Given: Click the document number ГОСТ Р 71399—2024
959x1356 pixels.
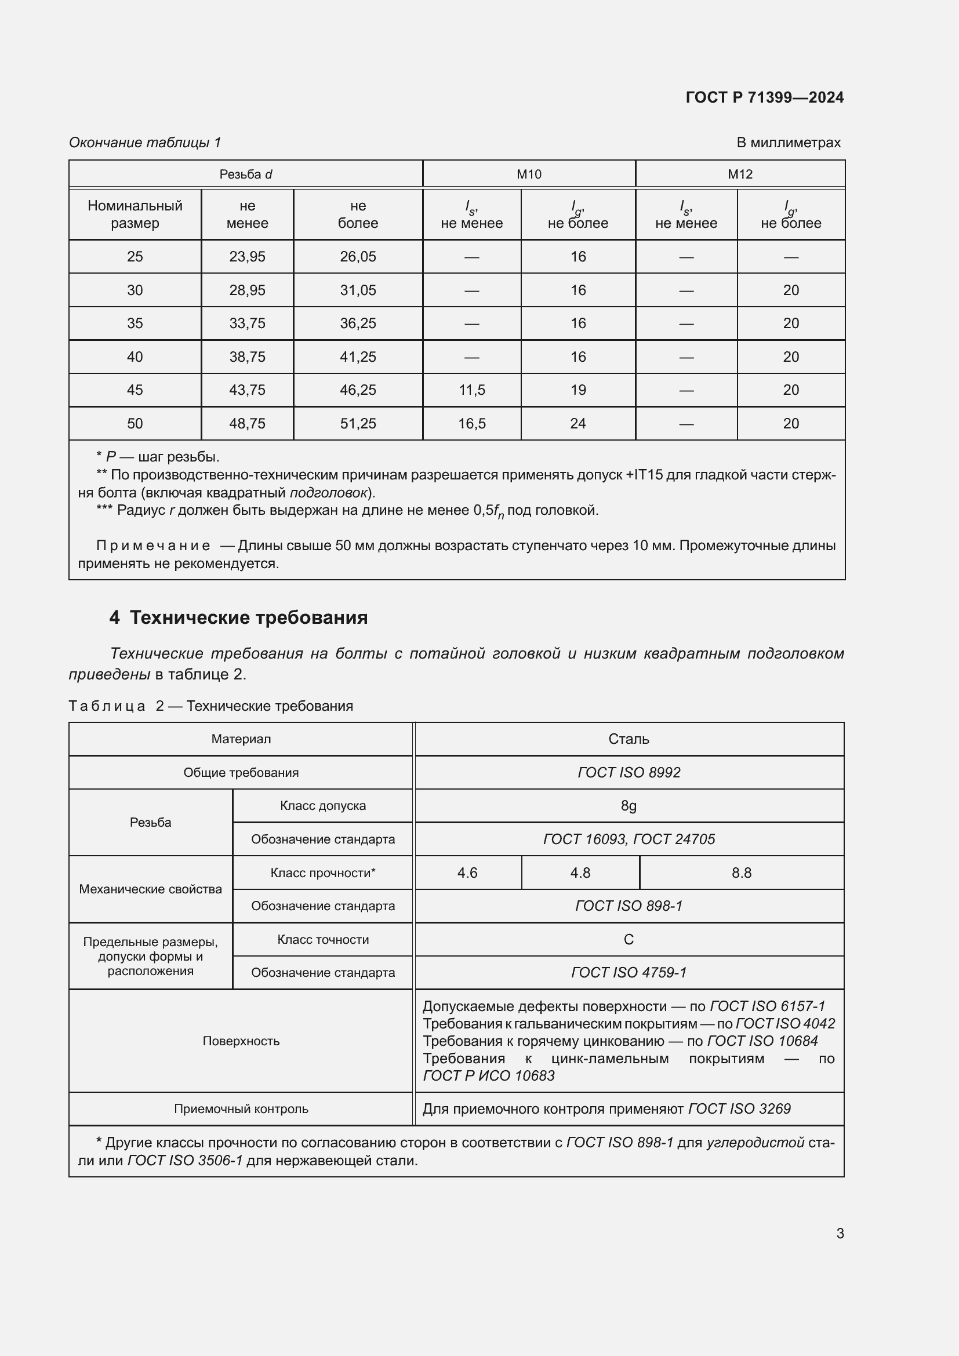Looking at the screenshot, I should tap(764, 97).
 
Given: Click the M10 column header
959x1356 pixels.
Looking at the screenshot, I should tap(529, 175).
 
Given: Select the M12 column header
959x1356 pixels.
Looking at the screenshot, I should tap(739, 175).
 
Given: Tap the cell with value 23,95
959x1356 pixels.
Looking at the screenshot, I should tap(247, 256).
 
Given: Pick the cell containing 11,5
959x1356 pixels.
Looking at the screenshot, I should tap(471, 390).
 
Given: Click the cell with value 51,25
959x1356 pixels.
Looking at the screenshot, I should tap(357, 423).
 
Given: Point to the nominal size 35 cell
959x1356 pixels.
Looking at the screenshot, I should tap(135, 323).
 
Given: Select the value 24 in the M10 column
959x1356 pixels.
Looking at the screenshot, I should tap(577, 423).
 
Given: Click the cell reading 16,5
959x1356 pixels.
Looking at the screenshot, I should tap(471, 423).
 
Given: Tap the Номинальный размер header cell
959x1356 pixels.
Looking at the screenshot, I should tap(135, 215).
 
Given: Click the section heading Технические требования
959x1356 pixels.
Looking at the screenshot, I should tap(248, 617).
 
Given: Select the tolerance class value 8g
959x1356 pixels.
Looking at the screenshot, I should tap(629, 806).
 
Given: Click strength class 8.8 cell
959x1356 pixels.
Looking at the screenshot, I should tap(741, 873).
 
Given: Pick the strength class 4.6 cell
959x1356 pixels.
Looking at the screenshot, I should tap(467, 873).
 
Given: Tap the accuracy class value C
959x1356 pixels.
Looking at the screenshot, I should tap(629, 939).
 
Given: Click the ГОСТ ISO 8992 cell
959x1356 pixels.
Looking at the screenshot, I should tap(629, 772).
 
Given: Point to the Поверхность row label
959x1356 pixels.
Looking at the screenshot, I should tap(241, 1041).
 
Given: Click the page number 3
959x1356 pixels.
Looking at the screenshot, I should tap(840, 1233).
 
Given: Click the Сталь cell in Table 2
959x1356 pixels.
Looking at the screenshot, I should tap(629, 739).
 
